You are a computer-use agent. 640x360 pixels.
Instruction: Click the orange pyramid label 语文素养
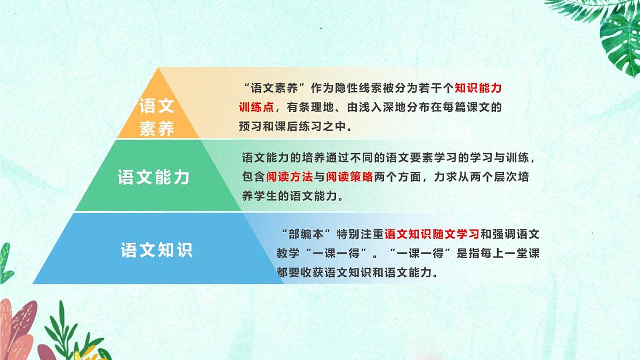pos(156,117)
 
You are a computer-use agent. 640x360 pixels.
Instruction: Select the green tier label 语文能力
pos(154,177)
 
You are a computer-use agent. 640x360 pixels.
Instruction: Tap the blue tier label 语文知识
pos(156,250)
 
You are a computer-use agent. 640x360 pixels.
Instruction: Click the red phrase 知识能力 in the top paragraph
pos(478,88)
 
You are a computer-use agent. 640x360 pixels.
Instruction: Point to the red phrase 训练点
pos(257,107)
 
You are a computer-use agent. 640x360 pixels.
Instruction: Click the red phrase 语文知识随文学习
pos(432,234)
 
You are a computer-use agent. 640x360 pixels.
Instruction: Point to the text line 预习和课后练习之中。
pos(295,126)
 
